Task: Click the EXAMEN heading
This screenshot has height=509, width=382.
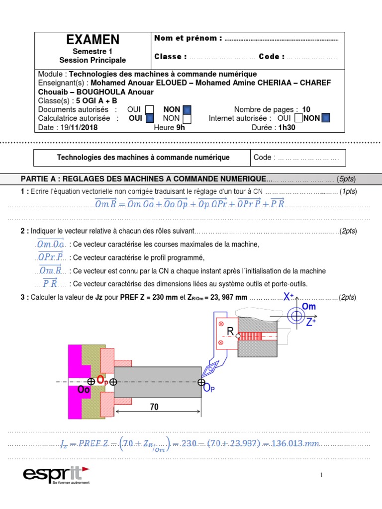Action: point(93,40)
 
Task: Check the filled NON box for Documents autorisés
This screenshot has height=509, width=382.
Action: point(187,110)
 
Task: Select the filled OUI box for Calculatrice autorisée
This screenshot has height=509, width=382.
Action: point(149,118)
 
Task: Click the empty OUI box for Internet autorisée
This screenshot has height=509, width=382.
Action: point(297,118)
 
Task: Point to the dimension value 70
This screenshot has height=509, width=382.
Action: point(154,407)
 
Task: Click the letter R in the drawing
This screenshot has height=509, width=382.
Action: point(230,332)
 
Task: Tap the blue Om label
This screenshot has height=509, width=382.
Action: point(309,307)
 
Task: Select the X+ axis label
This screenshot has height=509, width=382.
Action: point(288,297)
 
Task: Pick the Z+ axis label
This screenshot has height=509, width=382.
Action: point(311,322)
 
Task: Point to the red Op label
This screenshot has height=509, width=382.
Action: point(102,380)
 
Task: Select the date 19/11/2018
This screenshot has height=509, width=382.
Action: point(79,127)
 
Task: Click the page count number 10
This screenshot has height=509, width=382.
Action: point(306,110)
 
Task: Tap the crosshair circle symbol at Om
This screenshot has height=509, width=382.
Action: point(297,316)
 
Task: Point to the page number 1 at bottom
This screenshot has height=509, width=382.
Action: point(321,476)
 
